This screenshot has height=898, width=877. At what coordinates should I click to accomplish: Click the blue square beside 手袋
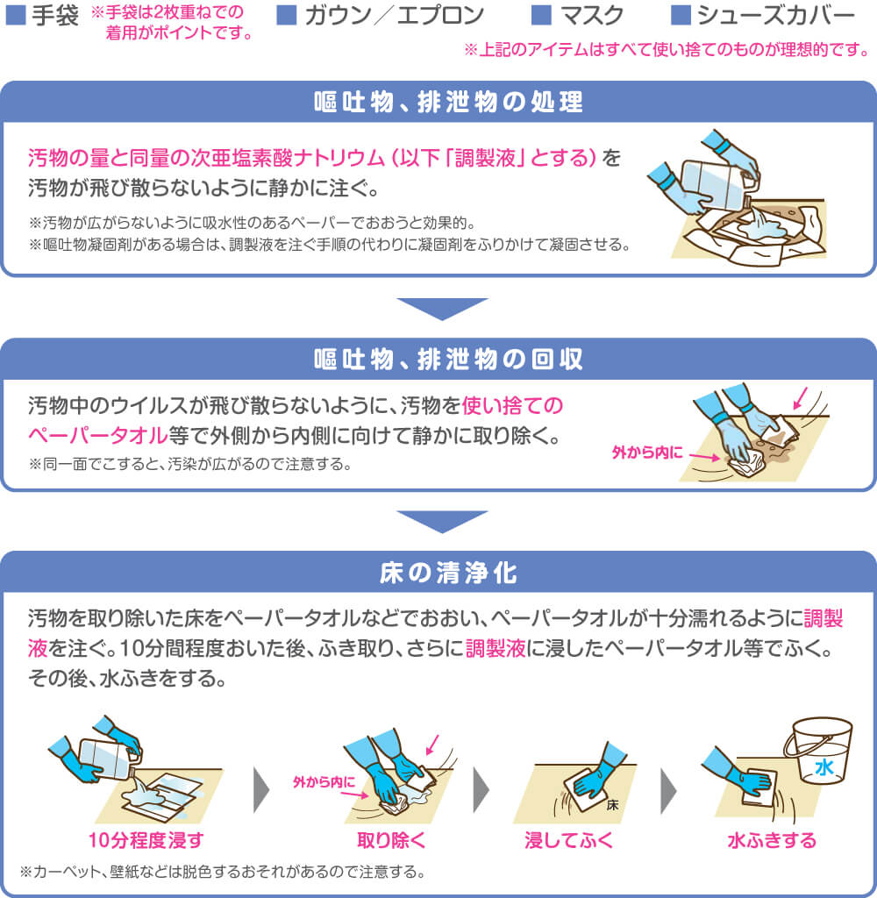pyautogui.click(x=16, y=15)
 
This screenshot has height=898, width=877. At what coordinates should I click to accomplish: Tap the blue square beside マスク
pyautogui.click(x=541, y=15)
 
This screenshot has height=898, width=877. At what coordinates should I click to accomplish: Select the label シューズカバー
pyautogui.click(x=776, y=16)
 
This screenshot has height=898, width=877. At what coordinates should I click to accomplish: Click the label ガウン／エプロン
pyautogui.click(x=395, y=16)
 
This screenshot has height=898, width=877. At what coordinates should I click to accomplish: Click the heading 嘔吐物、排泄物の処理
pyautogui.click(x=448, y=102)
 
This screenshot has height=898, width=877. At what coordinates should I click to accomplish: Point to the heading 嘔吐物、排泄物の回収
pyautogui.click(x=448, y=360)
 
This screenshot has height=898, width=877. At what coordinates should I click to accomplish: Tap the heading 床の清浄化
pyautogui.click(x=448, y=573)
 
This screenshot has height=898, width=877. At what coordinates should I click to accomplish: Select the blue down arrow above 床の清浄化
pyautogui.click(x=442, y=522)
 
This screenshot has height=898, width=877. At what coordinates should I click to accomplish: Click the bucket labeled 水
pyautogui.click(x=819, y=751)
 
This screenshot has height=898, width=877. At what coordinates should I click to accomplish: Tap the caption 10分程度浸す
pyautogui.click(x=146, y=840)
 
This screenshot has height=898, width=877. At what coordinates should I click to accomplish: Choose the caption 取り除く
pyautogui.click(x=392, y=840)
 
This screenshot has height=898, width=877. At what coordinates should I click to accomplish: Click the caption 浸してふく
pyautogui.click(x=569, y=840)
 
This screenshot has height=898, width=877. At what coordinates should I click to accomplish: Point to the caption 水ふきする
pyautogui.click(x=772, y=840)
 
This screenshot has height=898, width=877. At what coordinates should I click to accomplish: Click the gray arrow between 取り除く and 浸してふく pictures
pyautogui.click(x=481, y=790)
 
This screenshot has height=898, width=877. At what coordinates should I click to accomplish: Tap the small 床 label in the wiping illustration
pyautogui.click(x=612, y=805)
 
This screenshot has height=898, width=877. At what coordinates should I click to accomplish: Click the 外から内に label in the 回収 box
pyautogui.click(x=647, y=453)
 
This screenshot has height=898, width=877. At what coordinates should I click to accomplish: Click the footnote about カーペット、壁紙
pyautogui.click(x=223, y=872)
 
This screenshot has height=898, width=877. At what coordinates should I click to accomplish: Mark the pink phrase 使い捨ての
pyautogui.click(x=513, y=405)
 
